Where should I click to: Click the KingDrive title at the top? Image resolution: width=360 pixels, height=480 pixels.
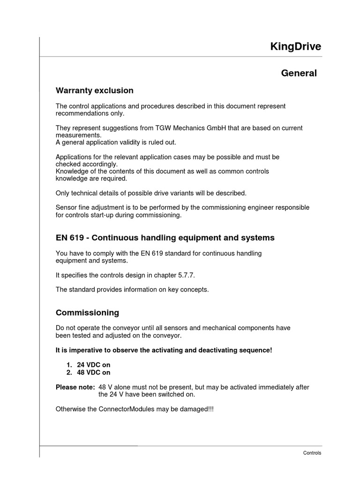pos(296,46)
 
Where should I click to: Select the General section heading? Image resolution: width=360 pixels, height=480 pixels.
pos(299,73)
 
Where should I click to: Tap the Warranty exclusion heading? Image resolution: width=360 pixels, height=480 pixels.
pos(94,90)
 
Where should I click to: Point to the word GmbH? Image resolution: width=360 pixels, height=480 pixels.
pos(203,128)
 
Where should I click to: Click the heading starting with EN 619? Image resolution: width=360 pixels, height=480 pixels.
pos(165,238)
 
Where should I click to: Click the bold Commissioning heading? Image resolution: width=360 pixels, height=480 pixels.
pos(87,313)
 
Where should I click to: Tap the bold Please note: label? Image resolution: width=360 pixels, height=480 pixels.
pos(75,387)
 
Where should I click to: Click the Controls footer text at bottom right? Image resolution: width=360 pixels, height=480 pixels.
pos(312,453)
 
